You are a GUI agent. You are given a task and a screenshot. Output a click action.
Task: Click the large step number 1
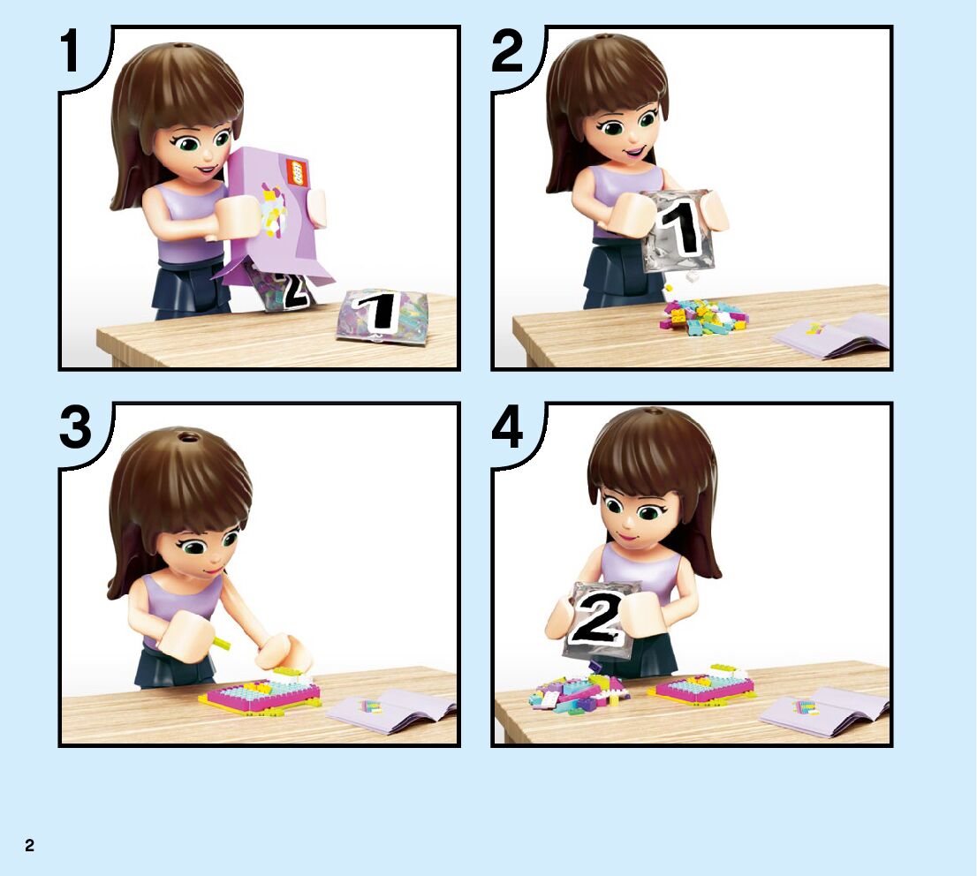[x=71, y=52]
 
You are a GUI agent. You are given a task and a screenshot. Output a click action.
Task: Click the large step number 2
[x=506, y=52]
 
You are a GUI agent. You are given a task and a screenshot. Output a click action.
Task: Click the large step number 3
[x=75, y=428]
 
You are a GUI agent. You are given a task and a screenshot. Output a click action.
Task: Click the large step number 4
[x=507, y=428]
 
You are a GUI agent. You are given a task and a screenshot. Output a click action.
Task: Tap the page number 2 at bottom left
[x=29, y=845]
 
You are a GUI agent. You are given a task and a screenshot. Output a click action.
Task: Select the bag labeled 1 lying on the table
[x=382, y=314]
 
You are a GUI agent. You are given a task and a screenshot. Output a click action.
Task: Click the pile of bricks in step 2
[x=703, y=315]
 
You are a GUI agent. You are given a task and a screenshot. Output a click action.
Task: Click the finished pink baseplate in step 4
[x=701, y=684]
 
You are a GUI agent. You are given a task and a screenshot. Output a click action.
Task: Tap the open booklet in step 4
[x=823, y=710]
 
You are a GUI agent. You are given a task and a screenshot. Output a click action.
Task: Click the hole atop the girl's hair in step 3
[x=186, y=435]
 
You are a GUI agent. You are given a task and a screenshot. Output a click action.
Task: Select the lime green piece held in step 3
[x=220, y=642]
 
